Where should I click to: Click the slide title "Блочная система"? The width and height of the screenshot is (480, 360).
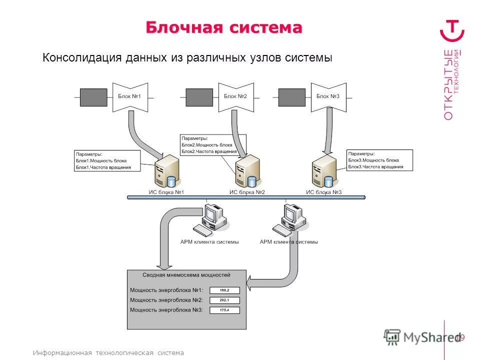(x=224, y=27)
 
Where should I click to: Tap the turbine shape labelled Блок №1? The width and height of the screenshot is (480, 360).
(x=130, y=96)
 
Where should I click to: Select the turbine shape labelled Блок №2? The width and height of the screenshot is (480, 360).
(x=235, y=96)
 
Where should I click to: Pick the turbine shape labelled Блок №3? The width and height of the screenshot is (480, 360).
(x=328, y=96)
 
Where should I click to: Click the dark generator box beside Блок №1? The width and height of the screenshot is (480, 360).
(x=93, y=97)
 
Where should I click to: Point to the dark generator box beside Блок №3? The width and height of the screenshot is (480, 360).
(x=292, y=97)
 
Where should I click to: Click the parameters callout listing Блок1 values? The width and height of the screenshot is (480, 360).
(x=106, y=160)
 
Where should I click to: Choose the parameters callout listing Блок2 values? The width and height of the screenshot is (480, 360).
(x=213, y=144)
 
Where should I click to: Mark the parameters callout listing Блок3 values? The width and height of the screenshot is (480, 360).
(x=379, y=160)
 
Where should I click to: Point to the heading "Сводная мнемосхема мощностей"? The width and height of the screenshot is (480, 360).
(x=186, y=275)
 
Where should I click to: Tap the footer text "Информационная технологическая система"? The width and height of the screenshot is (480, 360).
(x=108, y=352)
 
